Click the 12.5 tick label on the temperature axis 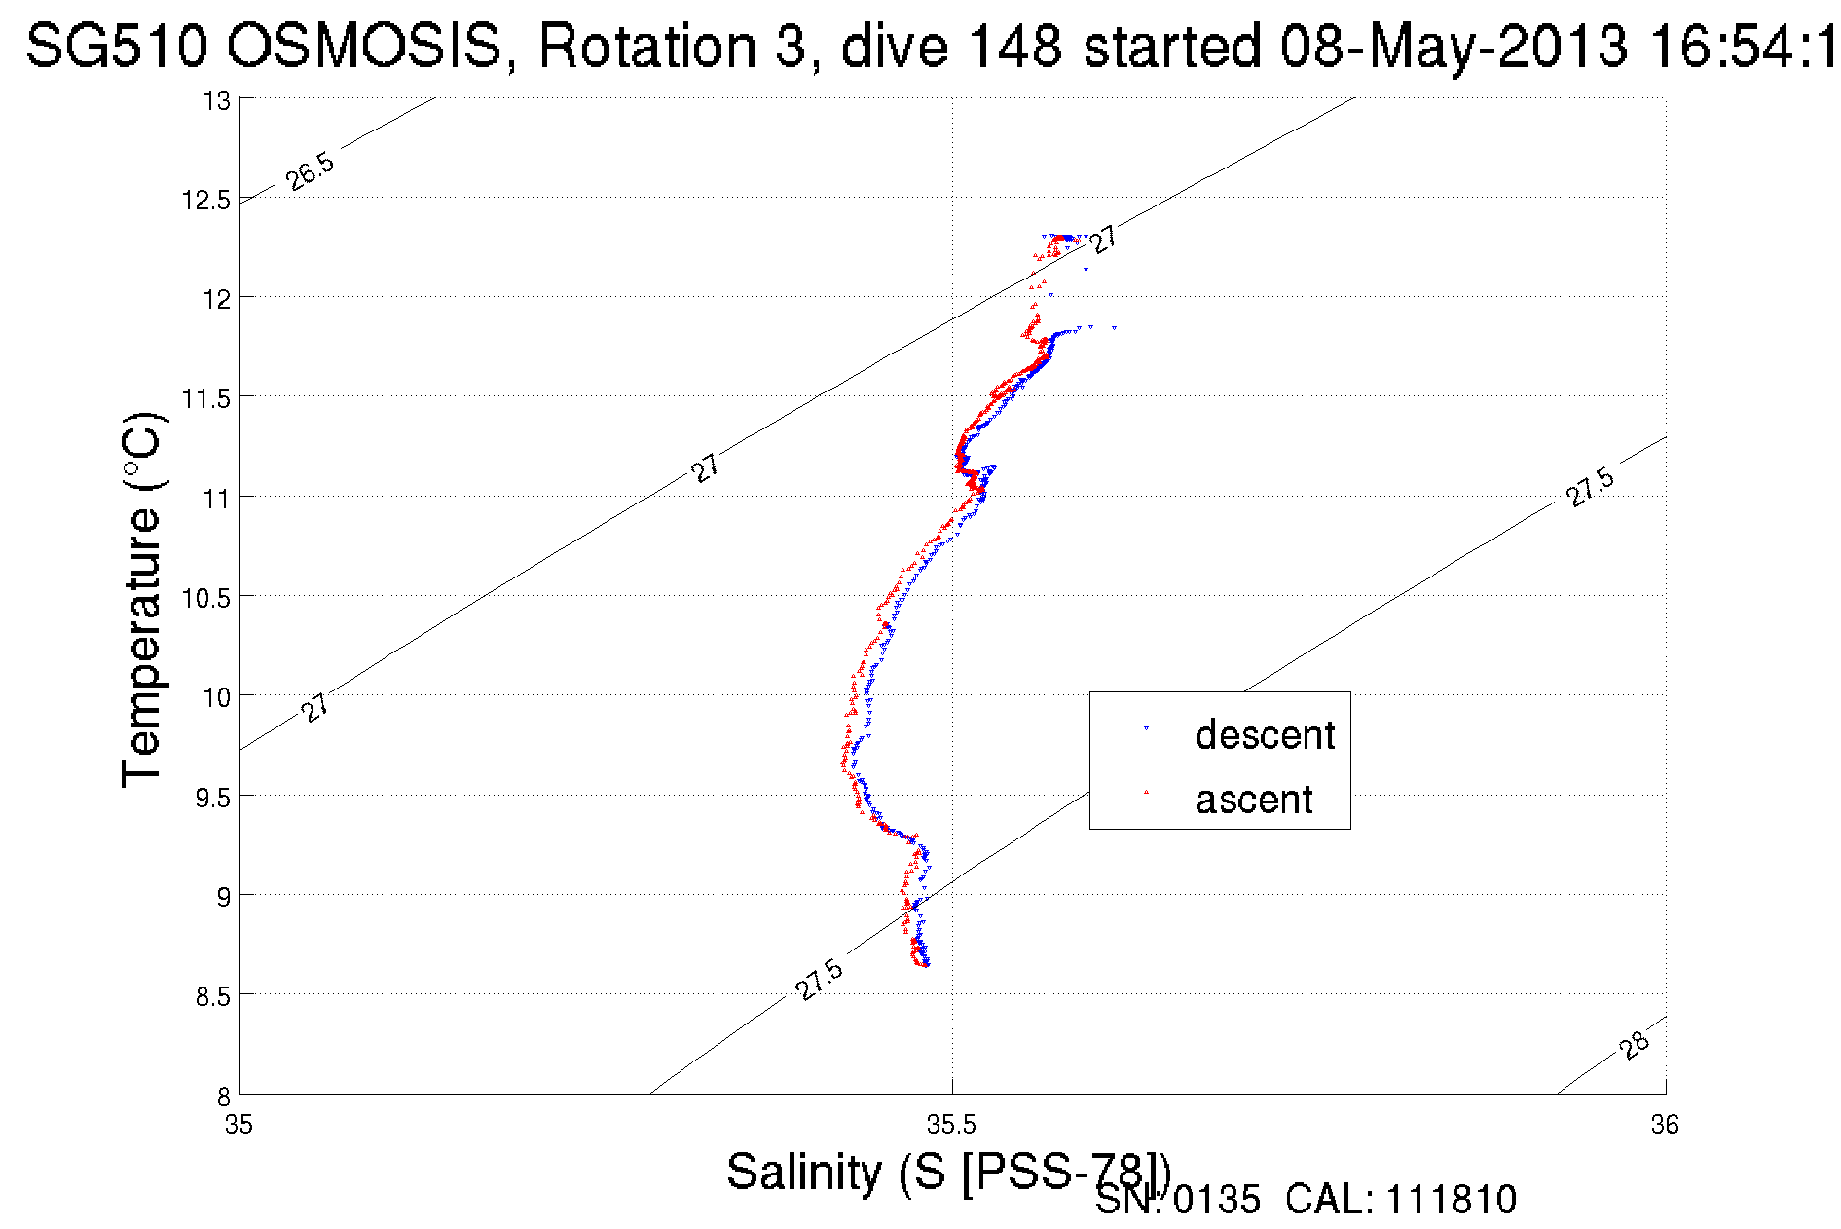[x=205, y=201]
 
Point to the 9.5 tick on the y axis [x=213, y=798]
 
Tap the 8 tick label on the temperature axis [x=223, y=1096]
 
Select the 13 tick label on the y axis [x=217, y=101]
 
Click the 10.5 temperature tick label [x=205, y=598]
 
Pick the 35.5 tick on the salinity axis [x=951, y=1126]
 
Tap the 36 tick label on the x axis [x=1665, y=1126]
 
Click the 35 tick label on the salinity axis [x=239, y=1126]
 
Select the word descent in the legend [x=1265, y=735]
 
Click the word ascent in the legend [x=1254, y=800]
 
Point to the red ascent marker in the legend [x=1146, y=792]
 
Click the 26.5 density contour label [x=311, y=171]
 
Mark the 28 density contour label [x=1635, y=1045]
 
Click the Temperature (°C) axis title [x=142, y=600]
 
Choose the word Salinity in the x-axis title [x=804, y=1172]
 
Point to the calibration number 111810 [x=1451, y=1200]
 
